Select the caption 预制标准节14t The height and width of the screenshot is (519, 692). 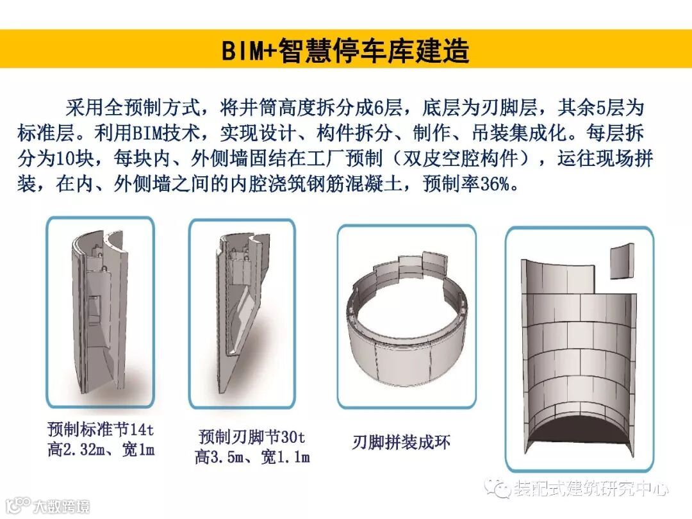[x=101, y=429]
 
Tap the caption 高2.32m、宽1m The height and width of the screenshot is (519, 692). [x=101, y=450]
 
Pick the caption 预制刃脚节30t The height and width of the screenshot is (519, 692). [x=252, y=437]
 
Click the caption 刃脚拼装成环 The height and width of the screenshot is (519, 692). [x=401, y=442]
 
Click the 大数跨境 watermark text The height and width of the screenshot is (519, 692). [x=61, y=506]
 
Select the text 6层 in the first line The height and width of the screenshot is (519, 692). [x=388, y=108]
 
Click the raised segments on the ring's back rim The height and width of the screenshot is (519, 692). [x=411, y=264]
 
